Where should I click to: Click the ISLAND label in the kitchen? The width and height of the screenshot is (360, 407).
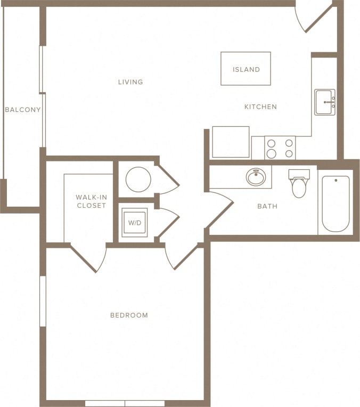click(246, 69)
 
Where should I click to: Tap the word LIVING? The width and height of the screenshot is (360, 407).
click(130, 82)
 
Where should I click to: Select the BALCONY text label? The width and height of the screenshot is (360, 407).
click(22, 110)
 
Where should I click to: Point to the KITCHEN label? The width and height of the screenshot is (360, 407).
click(260, 107)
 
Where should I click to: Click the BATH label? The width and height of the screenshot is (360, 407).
click(267, 206)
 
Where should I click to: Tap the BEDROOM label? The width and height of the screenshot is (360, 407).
click(129, 315)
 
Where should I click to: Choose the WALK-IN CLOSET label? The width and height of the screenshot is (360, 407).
click(91, 201)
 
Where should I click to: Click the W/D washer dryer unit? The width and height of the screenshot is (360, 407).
click(135, 223)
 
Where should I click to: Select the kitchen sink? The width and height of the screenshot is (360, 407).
click(324, 102)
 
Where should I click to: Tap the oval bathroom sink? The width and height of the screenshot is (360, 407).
click(256, 177)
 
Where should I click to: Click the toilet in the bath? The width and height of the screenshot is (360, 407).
click(299, 183)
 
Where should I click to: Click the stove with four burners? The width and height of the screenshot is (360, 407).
click(280, 148)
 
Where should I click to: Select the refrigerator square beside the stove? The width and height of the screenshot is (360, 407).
click(231, 142)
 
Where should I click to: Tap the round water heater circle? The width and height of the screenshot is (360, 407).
click(138, 180)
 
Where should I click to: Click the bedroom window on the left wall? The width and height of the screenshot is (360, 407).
click(43, 301)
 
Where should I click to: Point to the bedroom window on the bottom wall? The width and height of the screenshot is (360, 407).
click(125, 403)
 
